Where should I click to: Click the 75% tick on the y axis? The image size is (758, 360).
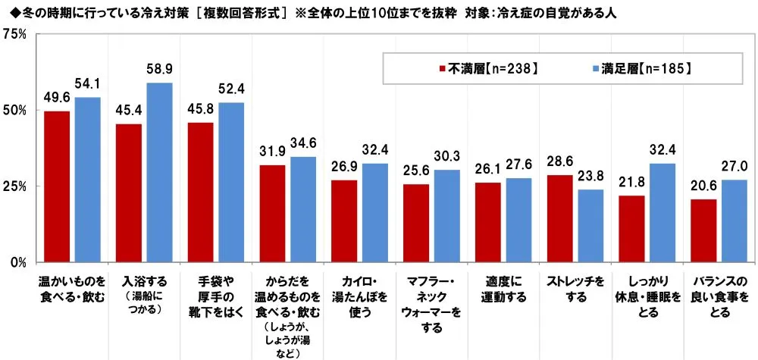[15, 34]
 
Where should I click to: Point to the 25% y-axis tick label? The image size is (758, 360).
[15, 186]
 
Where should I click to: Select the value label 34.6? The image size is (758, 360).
[302, 142]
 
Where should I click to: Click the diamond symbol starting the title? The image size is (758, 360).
[7, 12]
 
